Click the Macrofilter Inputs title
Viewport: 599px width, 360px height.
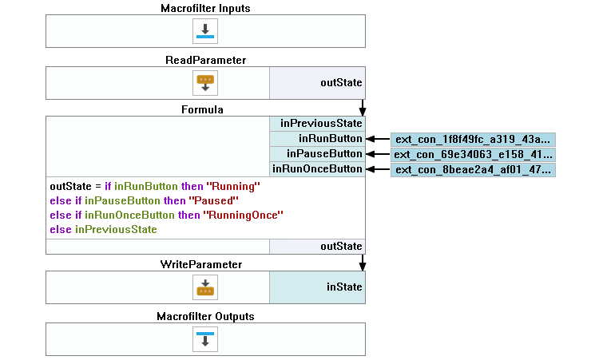[x=205, y=8]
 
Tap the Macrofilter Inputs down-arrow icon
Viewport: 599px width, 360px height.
[x=205, y=32]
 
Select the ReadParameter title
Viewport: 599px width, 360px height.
[x=205, y=60]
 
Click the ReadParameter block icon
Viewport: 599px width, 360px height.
[x=205, y=82]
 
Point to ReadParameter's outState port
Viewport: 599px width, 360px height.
[x=317, y=82]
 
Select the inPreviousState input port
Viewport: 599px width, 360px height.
[x=317, y=124]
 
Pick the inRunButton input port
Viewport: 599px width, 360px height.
[x=317, y=139]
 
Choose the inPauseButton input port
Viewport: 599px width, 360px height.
[x=317, y=154]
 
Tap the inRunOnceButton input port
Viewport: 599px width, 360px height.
[x=317, y=169]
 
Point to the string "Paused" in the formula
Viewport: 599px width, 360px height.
[x=215, y=201]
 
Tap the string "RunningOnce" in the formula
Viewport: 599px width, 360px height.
[x=244, y=216]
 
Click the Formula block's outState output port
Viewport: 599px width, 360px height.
[x=317, y=247]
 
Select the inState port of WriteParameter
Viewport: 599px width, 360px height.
[x=317, y=287]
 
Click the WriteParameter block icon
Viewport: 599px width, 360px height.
[x=205, y=287]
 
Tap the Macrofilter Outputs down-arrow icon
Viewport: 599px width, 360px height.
[x=205, y=338]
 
